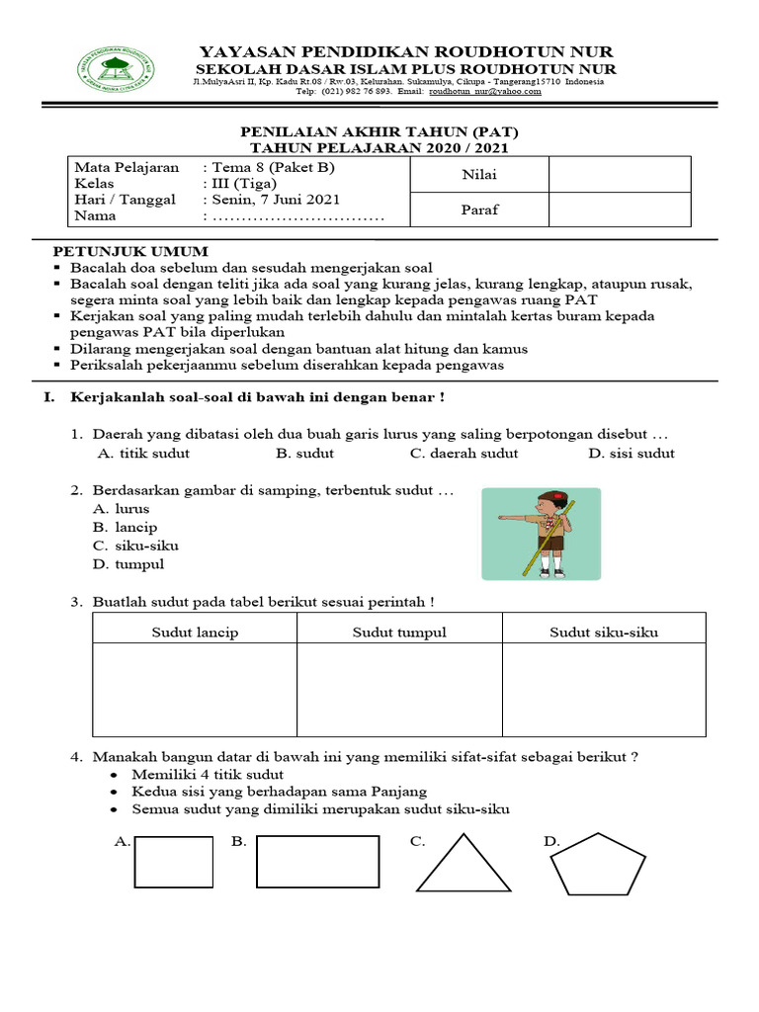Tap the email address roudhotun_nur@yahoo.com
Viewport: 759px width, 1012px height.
(484, 91)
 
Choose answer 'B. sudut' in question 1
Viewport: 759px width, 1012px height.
(304, 454)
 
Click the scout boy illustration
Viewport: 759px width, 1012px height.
(541, 534)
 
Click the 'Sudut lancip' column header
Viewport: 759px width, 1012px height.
(195, 632)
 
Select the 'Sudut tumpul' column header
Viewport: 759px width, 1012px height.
(399, 632)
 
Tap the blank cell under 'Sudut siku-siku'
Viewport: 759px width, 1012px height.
(604, 690)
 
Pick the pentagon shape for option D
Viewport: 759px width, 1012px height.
(588, 867)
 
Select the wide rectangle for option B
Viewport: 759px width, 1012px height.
(318, 862)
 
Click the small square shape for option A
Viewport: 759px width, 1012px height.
(174, 862)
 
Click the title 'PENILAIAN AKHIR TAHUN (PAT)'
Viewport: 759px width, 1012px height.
(379, 131)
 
